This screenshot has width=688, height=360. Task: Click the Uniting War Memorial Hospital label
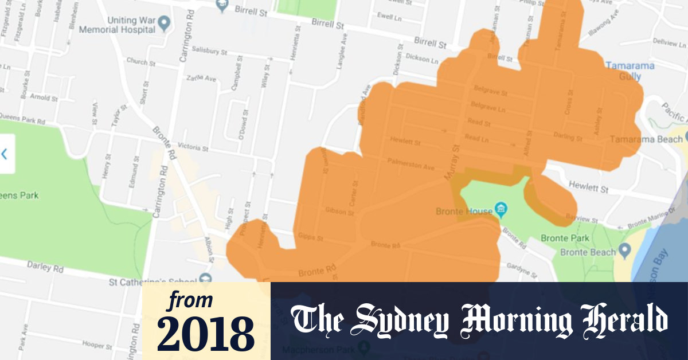[117, 24]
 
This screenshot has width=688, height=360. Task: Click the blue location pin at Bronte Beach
[625, 251]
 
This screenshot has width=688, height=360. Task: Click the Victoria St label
[193, 147]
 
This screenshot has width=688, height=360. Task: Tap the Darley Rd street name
[45, 267]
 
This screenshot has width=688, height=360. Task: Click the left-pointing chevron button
[5, 154]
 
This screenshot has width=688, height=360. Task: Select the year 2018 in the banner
[206, 333]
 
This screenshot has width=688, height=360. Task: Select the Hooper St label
[96, 346]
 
